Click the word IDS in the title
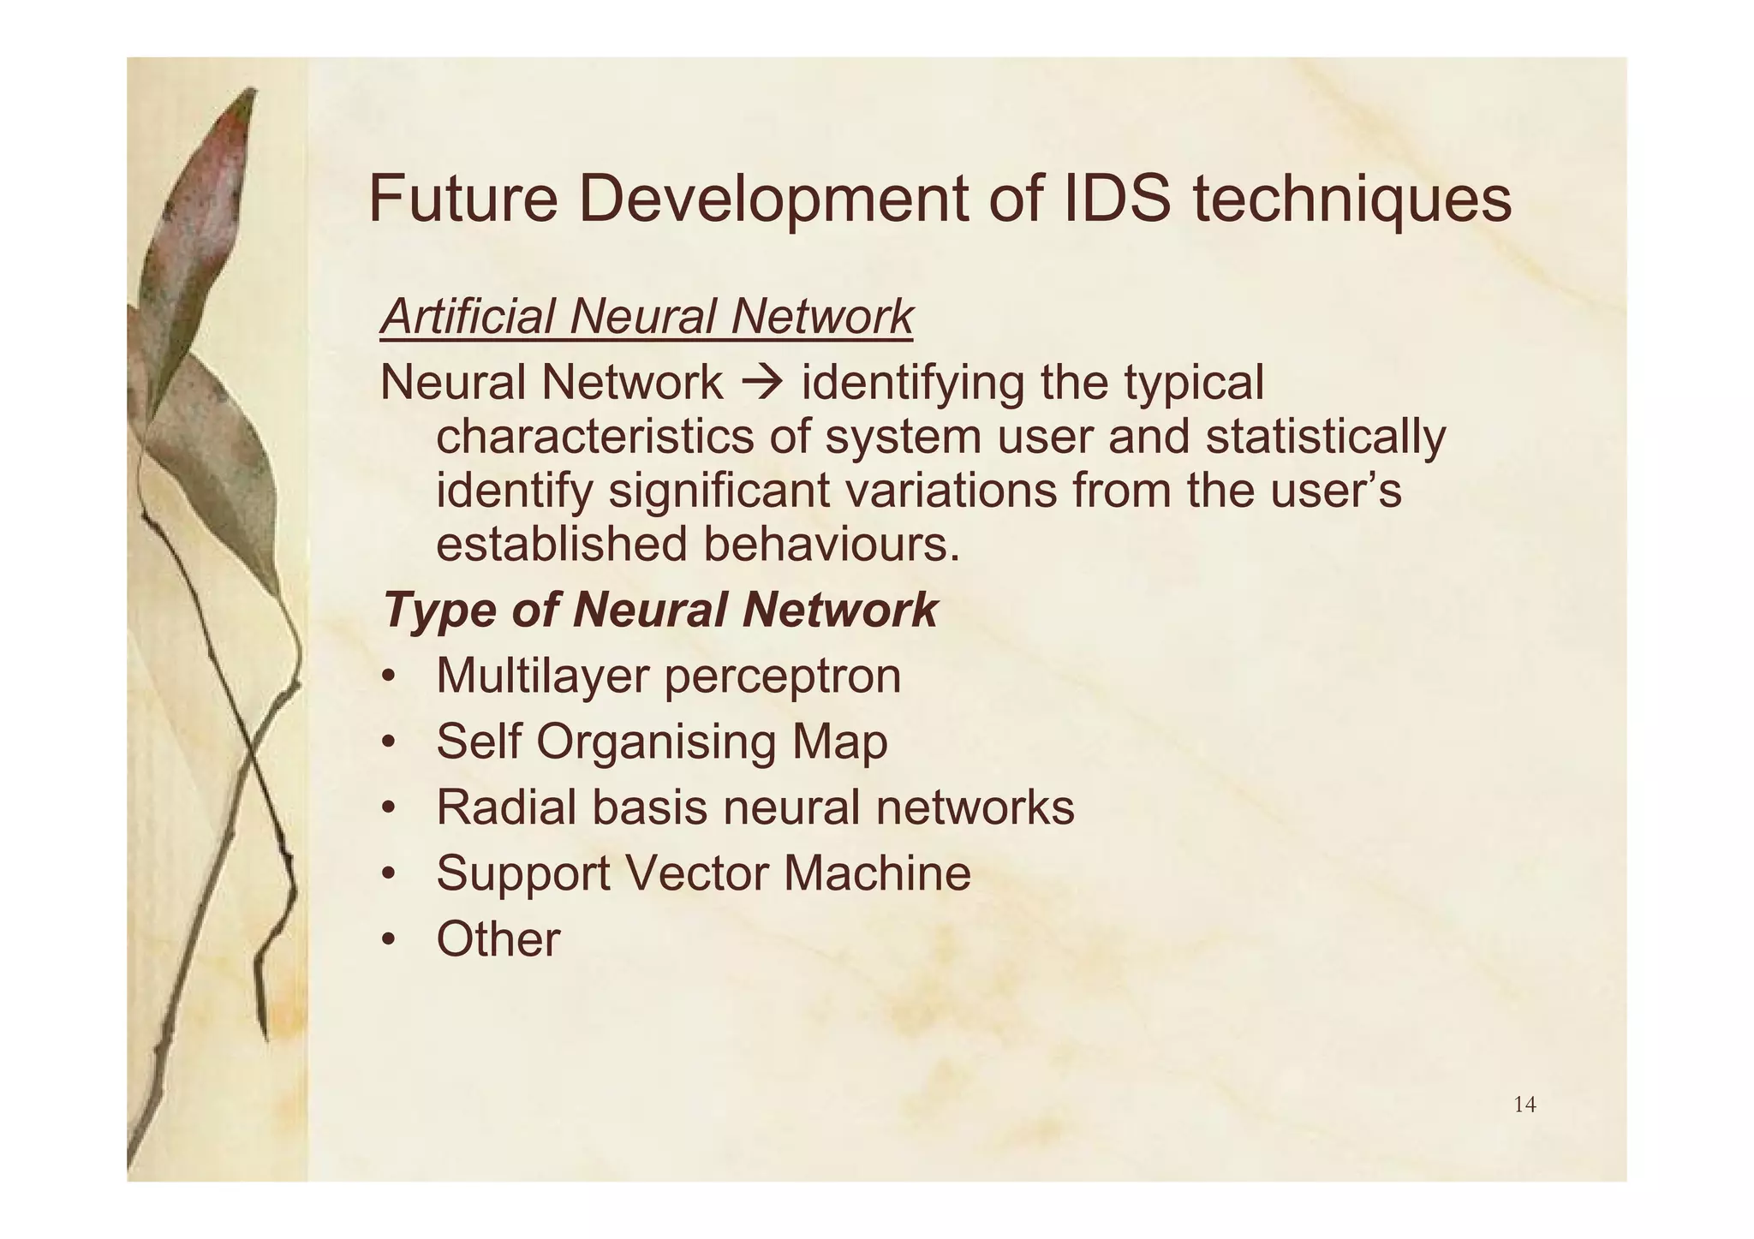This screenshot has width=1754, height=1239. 1118,199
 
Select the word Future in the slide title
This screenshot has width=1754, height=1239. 462,199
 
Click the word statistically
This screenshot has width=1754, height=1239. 1325,437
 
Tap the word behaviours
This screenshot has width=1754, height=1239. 831,545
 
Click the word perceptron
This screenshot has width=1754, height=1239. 782,676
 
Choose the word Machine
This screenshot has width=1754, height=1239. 877,873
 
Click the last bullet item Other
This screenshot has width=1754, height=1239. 498,938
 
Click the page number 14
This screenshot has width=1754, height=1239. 1524,1105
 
